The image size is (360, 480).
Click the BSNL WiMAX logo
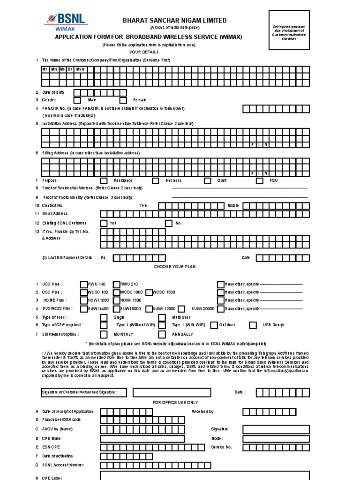(65, 22)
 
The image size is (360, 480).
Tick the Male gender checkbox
(77, 100)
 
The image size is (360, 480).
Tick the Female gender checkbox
(123, 100)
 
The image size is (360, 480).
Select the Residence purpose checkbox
(104, 180)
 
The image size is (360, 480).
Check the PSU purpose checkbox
(259, 180)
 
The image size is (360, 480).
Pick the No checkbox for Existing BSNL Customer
(168, 223)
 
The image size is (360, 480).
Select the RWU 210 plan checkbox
(116, 284)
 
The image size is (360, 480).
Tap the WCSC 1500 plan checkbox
(149, 292)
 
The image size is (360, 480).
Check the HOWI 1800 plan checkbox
(116, 300)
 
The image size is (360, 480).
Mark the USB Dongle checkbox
(253, 325)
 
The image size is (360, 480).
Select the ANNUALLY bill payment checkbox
(162, 334)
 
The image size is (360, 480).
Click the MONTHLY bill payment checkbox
(104, 334)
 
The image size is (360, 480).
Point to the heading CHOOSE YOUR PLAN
(175, 266)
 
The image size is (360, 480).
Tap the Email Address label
(55, 214)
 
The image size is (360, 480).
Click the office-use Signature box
(270, 429)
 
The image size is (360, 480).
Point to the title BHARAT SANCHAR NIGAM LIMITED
(174, 21)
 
